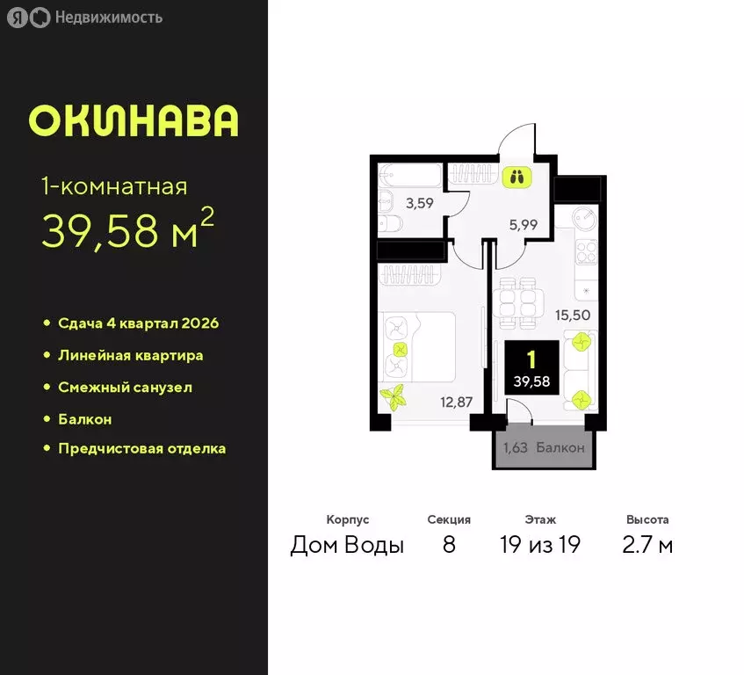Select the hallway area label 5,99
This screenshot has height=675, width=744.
point(523,224)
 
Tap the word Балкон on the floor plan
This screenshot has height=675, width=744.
point(560,447)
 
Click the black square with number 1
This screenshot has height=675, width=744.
point(529,369)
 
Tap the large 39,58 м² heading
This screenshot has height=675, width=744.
point(128,230)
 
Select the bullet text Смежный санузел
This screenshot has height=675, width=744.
point(125,387)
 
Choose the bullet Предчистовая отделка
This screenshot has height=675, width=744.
point(141,448)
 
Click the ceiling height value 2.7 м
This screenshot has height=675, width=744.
point(648,545)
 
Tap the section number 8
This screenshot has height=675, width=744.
point(449,545)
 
